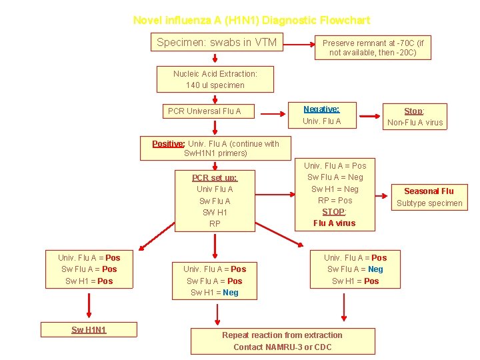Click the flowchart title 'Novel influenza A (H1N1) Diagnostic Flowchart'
pyautogui.click(x=251, y=21)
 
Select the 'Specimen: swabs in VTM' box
pyautogui.click(x=217, y=43)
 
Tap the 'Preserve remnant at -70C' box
pyautogui.click(x=373, y=47)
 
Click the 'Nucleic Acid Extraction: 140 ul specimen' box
pyautogui.click(x=215, y=79)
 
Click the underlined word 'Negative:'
pyautogui.click(x=321, y=109)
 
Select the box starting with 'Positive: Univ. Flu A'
pyautogui.click(x=215, y=148)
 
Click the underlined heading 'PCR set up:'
pyautogui.click(x=215, y=178)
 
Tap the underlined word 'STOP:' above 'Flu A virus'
pyautogui.click(x=334, y=212)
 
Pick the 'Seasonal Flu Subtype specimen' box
pyautogui.click(x=429, y=197)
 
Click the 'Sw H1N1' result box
pyautogui.click(x=89, y=330)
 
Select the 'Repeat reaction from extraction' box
pyautogui.click(x=282, y=341)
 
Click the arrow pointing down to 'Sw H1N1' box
pyautogui.click(x=89, y=306)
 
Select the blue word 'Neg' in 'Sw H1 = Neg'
pyautogui.click(x=231, y=293)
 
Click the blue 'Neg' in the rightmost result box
pyautogui.click(x=375, y=269)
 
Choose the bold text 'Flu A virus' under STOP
pyautogui.click(x=334, y=223)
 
